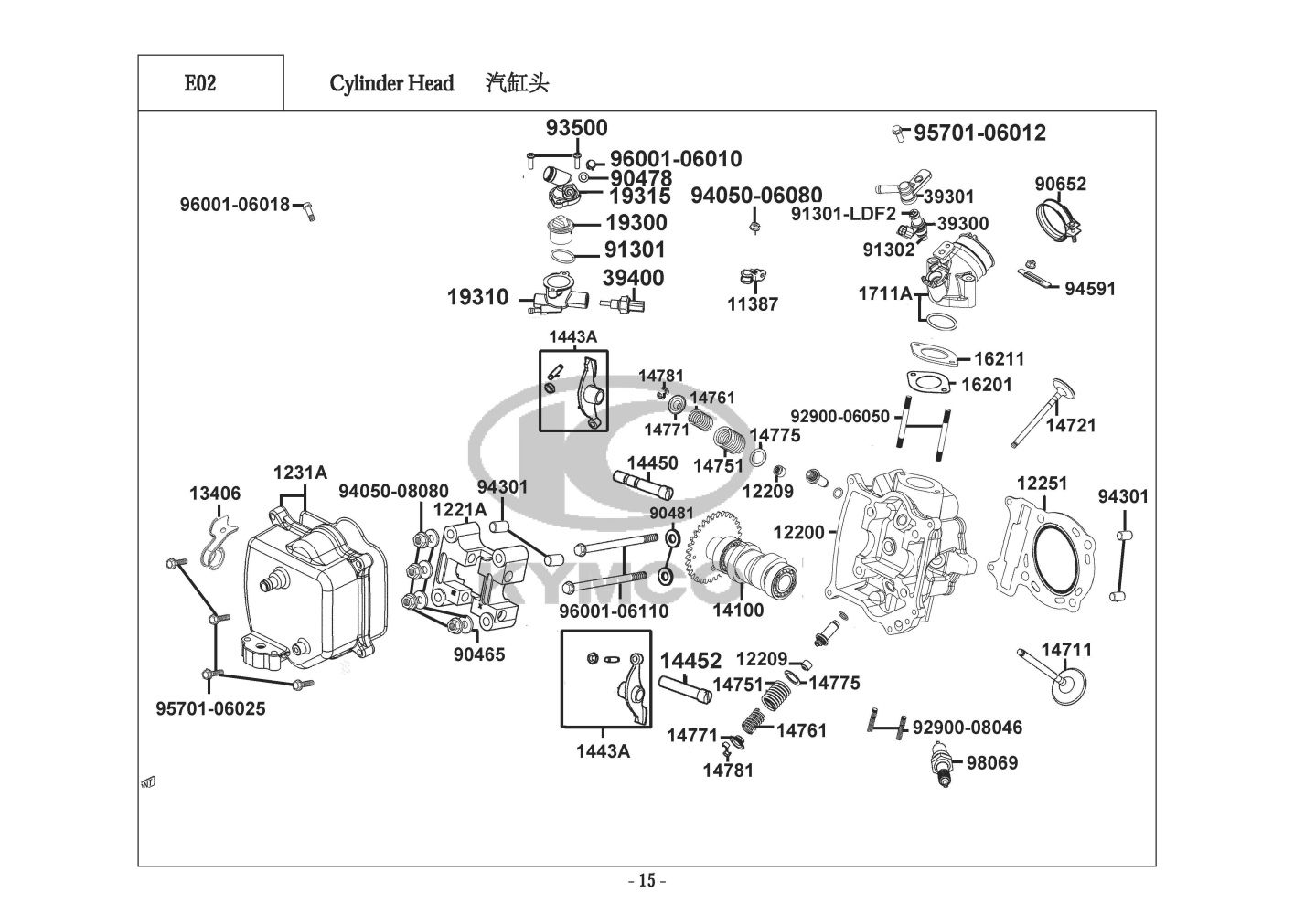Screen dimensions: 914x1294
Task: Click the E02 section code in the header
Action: tap(200, 83)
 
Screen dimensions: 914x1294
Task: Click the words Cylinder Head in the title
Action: tap(391, 83)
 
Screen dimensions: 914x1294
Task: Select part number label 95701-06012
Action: tap(979, 133)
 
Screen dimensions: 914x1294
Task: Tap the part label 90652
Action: tap(1061, 184)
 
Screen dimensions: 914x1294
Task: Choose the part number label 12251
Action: tap(1043, 484)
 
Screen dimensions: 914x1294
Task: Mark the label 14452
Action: tap(690, 660)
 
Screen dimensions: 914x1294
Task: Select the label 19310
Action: tap(477, 297)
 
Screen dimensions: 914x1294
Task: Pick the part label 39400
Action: tap(633, 278)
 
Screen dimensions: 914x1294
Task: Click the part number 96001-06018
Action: tap(234, 205)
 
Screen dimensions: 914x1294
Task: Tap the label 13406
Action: tap(215, 494)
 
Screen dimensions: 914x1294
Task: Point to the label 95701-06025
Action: tap(210, 708)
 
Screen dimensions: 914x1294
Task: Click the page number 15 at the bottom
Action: tap(647, 881)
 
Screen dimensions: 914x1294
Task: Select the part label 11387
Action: tap(753, 304)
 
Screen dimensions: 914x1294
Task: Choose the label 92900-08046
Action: tap(968, 728)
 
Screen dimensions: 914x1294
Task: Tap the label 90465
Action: tap(479, 654)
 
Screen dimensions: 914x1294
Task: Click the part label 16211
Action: tap(999, 359)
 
